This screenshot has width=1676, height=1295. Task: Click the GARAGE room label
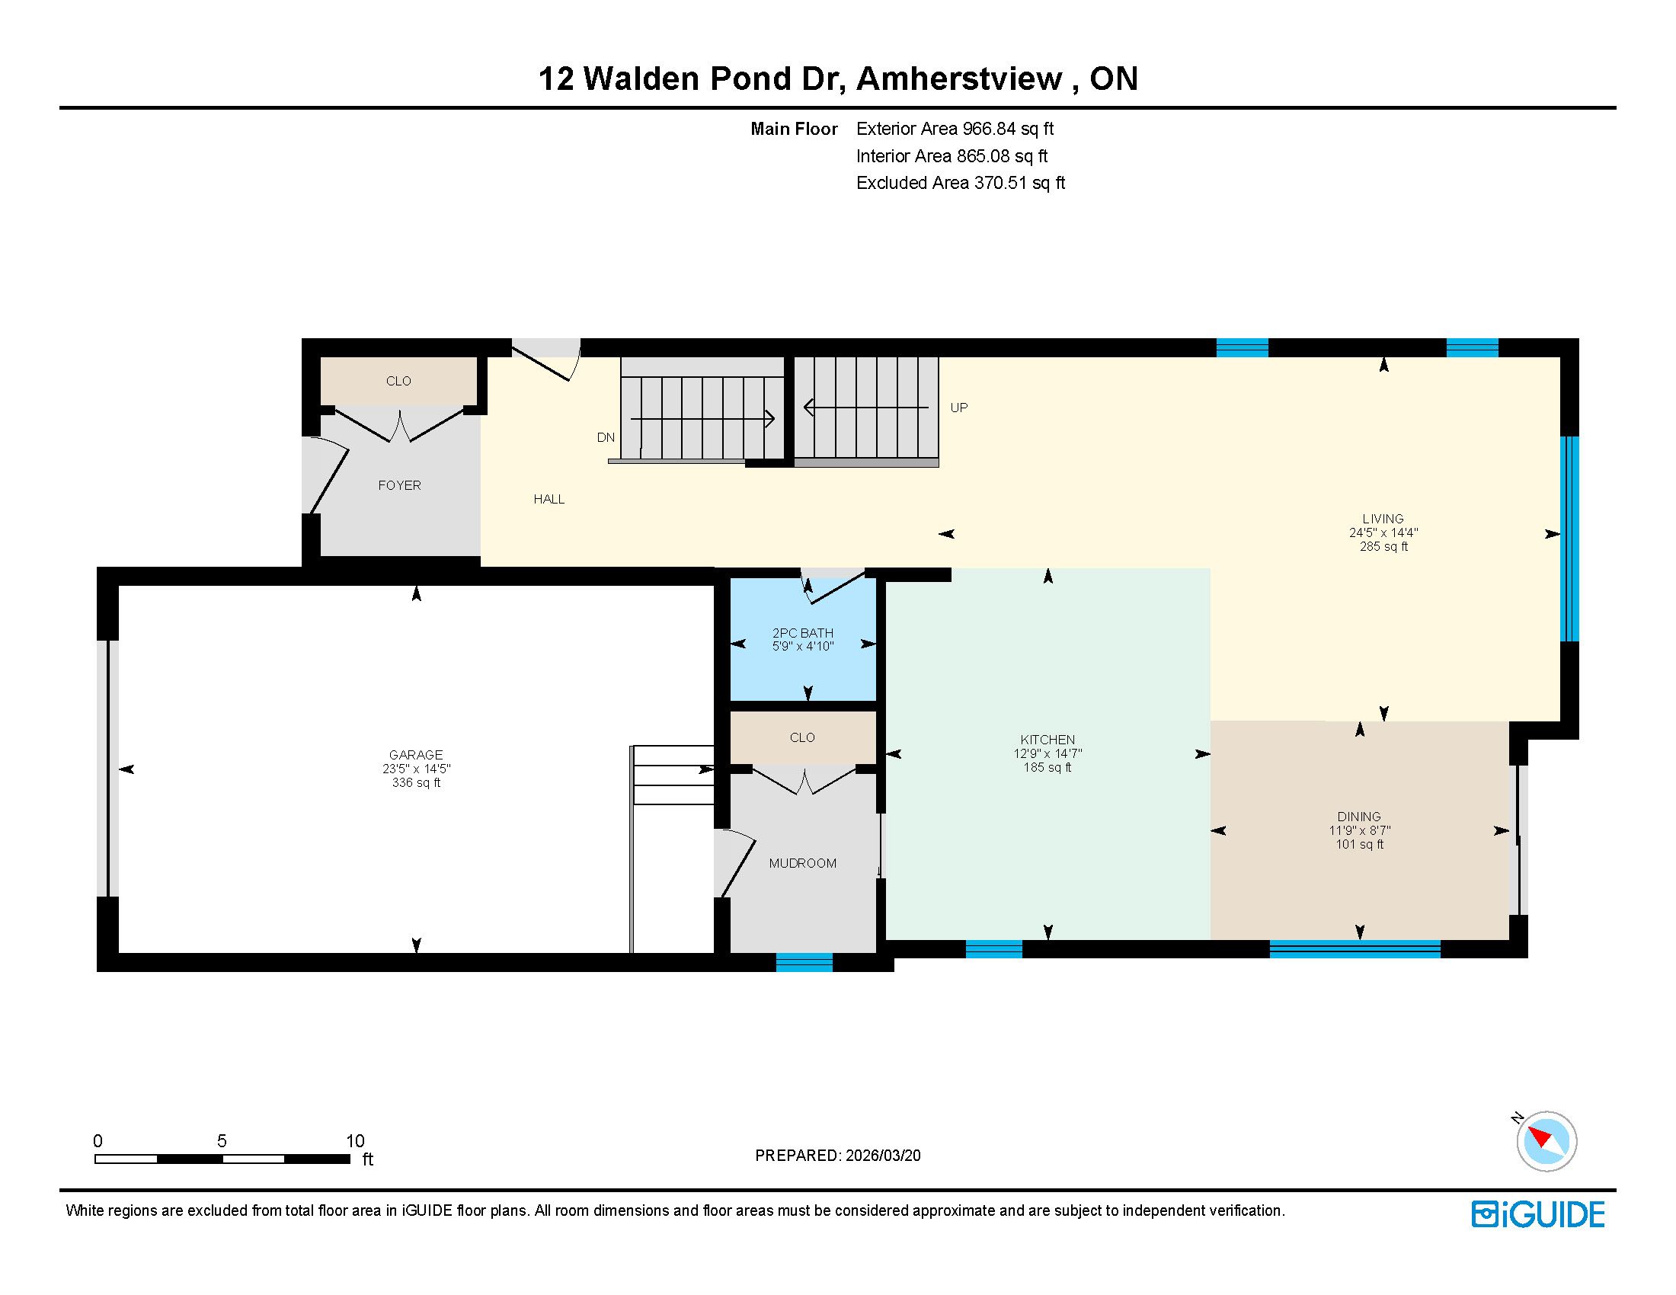click(416, 755)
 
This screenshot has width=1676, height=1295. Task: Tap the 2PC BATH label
click(803, 633)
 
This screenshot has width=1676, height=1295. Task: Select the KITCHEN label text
click(1047, 740)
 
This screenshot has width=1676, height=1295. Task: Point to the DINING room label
click(1359, 817)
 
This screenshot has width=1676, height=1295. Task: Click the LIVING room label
click(1383, 519)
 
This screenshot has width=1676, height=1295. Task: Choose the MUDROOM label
click(803, 863)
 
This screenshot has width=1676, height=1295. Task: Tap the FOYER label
click(399, 484)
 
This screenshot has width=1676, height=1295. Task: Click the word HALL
click(549, 499)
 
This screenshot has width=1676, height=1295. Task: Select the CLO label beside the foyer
click(398, 381)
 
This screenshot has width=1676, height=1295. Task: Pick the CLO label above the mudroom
click(803, 737)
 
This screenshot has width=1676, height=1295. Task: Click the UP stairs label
click(959, 408)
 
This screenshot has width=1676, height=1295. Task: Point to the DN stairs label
click(606, 437)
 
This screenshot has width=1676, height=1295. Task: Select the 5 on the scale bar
click(222, 1141)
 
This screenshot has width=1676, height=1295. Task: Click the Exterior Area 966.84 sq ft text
click(955, 129)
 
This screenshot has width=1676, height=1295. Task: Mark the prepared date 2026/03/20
click(883, 1156)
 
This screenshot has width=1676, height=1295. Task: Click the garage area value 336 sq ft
click(416, 782)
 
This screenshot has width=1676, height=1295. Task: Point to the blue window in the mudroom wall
click(804, 962)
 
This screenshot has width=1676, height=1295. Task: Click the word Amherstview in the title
click(959, 78)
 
